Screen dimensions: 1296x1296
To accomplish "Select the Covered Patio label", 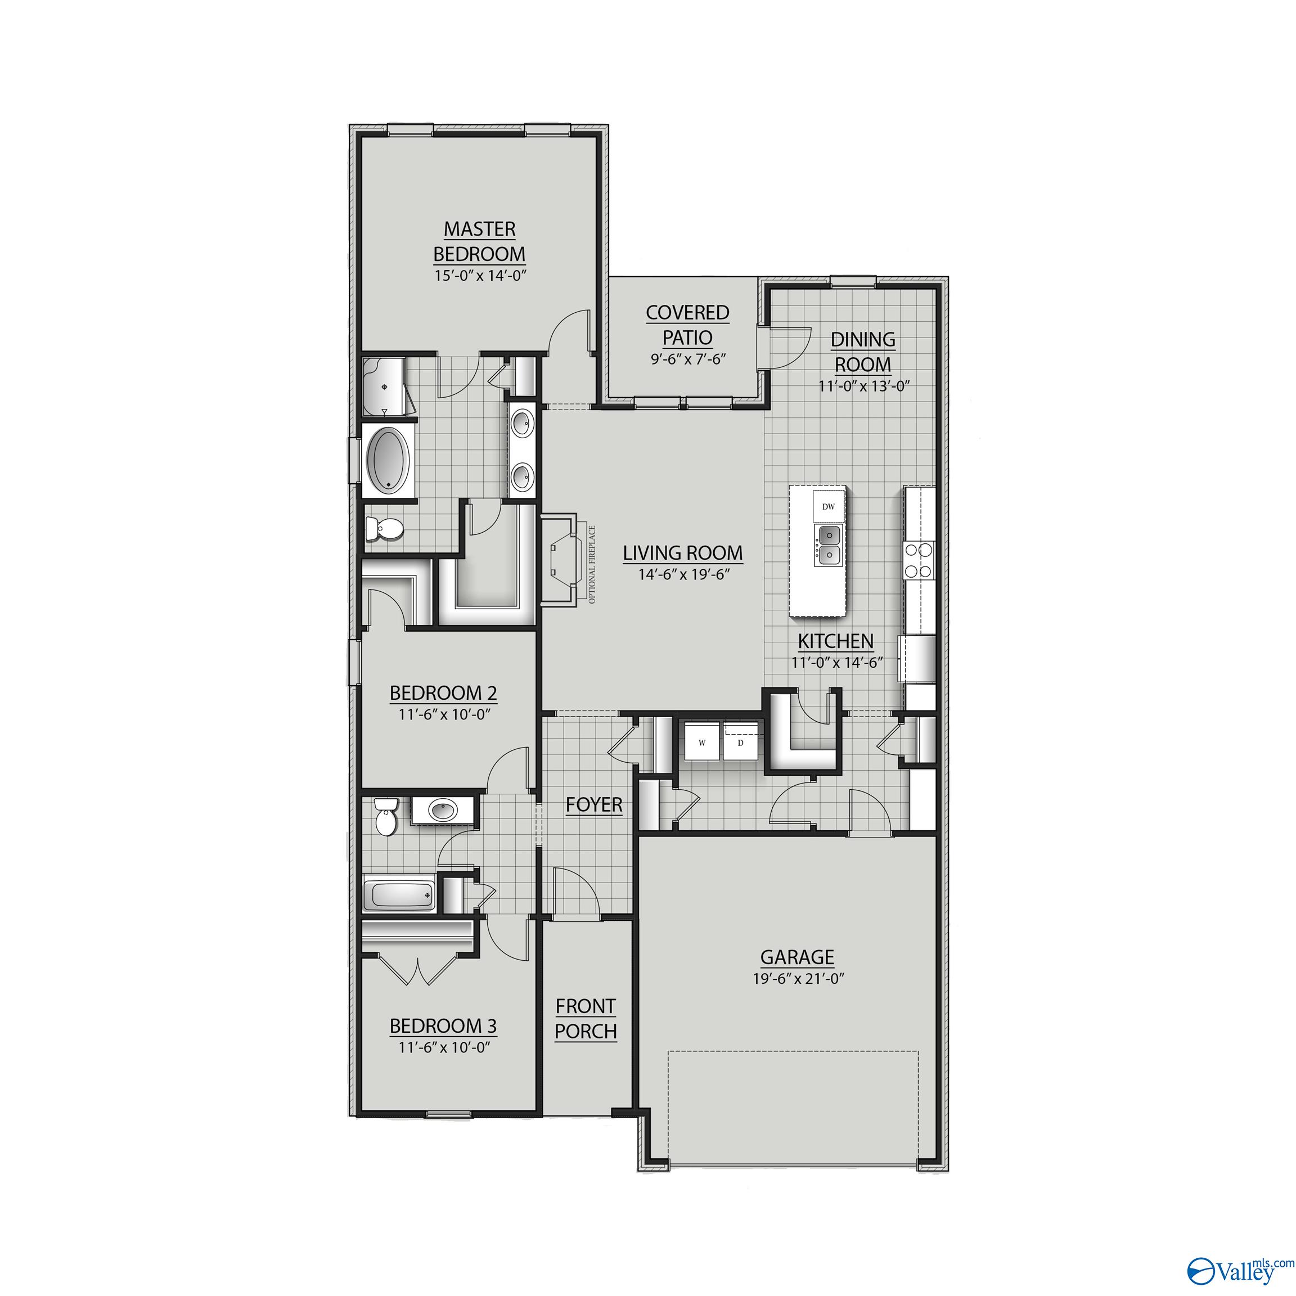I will [x=687, y=325].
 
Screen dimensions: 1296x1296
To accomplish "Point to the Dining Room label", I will [x=863, y=352].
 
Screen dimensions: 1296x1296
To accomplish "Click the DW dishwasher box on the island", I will [x=829, y=507].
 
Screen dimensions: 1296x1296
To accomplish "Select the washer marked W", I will [x=701, y=742].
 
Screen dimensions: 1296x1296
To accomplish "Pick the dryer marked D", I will [x=741, y=742].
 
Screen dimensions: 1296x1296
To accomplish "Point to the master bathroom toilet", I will [x=383, y=530].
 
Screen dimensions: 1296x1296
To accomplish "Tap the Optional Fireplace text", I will [x=592, y=564].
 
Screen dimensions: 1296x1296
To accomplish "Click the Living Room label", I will [x=683, y=553].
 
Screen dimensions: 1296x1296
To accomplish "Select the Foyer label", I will [x=593, y=804].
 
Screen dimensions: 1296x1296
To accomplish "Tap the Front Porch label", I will [x=586, y=1019].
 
